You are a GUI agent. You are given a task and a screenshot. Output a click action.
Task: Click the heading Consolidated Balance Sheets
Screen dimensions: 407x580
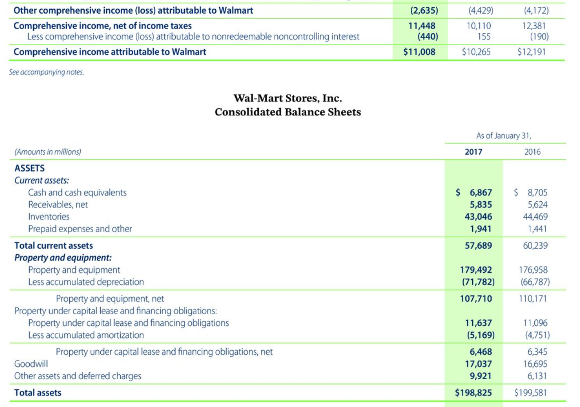(x=288, y=112)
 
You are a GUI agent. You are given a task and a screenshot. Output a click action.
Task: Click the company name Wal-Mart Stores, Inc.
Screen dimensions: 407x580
(x=288, y=98)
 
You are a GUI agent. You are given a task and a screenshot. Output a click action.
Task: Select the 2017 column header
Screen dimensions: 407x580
(x=473, y=152)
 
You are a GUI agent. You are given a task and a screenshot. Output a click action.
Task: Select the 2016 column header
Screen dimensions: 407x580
(x=533, y=152)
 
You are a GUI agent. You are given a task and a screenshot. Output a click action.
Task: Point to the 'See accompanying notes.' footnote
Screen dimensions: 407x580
(x=46, y=72)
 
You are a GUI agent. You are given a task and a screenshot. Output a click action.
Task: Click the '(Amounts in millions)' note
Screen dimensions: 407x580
(x=47, y=152)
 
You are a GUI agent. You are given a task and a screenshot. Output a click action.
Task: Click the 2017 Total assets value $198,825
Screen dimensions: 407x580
(x=473, y=392)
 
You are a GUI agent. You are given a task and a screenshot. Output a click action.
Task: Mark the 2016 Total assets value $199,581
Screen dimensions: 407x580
(x=531, y=392)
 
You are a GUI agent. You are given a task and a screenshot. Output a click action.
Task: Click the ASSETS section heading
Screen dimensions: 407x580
(x=30, y=168)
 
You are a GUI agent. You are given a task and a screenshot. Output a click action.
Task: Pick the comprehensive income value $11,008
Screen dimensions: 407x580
(x=419, y=52)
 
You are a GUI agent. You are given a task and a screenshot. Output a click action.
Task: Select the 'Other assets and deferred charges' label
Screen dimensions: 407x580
(x=78, y=376)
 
